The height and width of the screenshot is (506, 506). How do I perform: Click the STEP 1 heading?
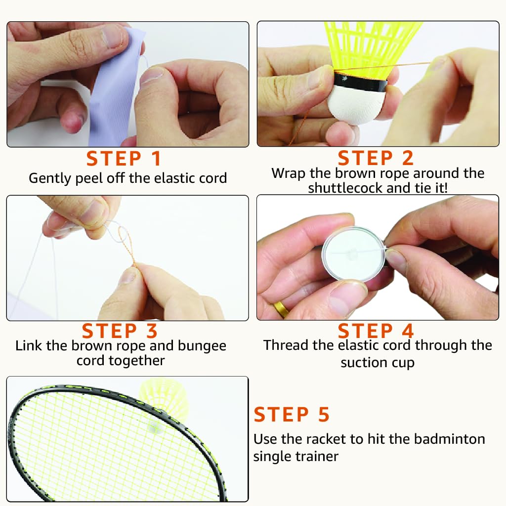click(x=124, y=159)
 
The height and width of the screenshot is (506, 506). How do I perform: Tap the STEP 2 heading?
click(x=376, y=158)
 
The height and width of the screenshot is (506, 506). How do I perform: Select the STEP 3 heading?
click(x=120, y=331)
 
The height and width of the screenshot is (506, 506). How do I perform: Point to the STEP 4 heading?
click(x=376, y=331)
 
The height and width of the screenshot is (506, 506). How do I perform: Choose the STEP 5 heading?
click(x=292, y=415)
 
